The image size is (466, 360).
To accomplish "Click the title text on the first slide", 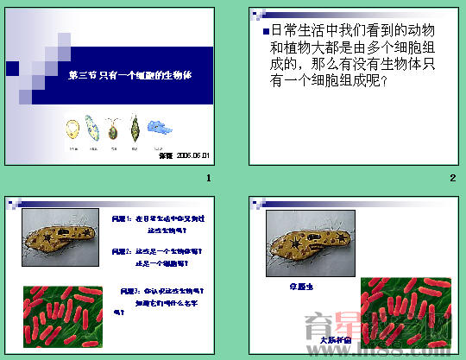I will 129,75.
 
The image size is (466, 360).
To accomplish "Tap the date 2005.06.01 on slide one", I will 193,155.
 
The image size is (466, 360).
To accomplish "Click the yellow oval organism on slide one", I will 72,130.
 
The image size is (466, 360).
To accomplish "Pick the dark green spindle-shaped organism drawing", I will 135,130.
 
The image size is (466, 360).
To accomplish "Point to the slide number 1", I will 208,179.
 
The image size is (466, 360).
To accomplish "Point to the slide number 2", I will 452,179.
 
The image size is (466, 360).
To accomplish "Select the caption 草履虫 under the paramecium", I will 301,285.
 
